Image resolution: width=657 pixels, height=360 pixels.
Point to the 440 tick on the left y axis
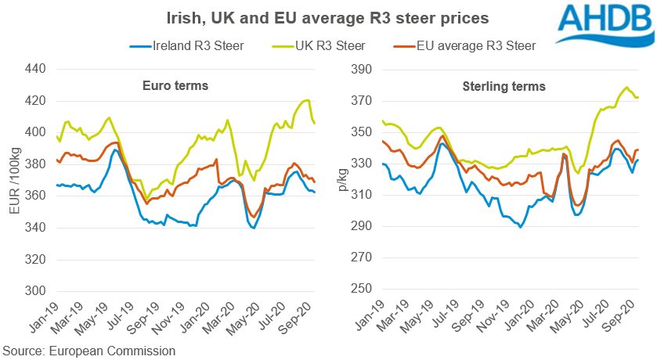(36, 69)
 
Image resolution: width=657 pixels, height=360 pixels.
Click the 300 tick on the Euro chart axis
(36, 291)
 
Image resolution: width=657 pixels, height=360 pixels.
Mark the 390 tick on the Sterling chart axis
(358, 69)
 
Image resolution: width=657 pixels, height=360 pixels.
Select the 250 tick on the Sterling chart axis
(358, 290)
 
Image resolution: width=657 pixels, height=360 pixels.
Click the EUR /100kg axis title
(14, 180)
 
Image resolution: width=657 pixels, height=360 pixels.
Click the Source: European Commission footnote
(89, 351)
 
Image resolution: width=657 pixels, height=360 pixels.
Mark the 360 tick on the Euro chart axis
(36, 196)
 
